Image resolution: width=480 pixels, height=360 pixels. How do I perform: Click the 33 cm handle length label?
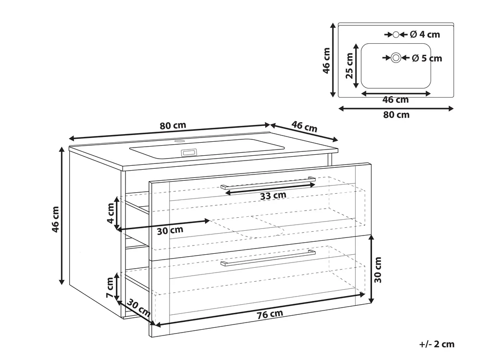pos(273,196)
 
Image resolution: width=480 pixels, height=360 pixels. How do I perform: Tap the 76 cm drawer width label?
pos(270,314)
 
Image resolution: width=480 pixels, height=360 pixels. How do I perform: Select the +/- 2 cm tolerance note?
pos(437,344)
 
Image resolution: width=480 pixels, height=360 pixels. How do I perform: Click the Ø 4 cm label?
pos(425,35)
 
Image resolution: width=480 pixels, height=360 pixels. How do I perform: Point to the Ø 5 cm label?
pos(427,58)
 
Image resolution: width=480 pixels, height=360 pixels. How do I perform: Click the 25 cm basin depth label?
pos(349,65)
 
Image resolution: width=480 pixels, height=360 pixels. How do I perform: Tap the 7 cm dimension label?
pos(110,288)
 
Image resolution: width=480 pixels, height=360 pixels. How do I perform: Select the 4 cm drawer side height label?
pos(111,213)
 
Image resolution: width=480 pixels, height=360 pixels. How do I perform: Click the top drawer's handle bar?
pos(268,183)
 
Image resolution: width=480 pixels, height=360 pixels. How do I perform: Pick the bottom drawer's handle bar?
pos(268,259)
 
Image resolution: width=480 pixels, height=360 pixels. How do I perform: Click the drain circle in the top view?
pos(396,58)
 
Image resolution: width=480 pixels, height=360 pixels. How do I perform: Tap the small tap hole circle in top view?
pos(396,35)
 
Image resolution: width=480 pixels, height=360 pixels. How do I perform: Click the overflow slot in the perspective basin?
pos(190,152)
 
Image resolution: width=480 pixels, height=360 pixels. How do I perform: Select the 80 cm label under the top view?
pos(396,115)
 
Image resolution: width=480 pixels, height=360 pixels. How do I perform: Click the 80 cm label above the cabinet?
pos(173,125)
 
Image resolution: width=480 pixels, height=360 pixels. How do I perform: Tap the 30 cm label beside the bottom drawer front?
pos(378,270)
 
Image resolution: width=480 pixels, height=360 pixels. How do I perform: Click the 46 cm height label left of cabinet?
pos(55,219)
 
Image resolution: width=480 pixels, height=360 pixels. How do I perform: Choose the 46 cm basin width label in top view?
pos(395,100)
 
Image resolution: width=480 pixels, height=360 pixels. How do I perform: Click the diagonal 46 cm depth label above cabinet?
pos(304,126)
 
